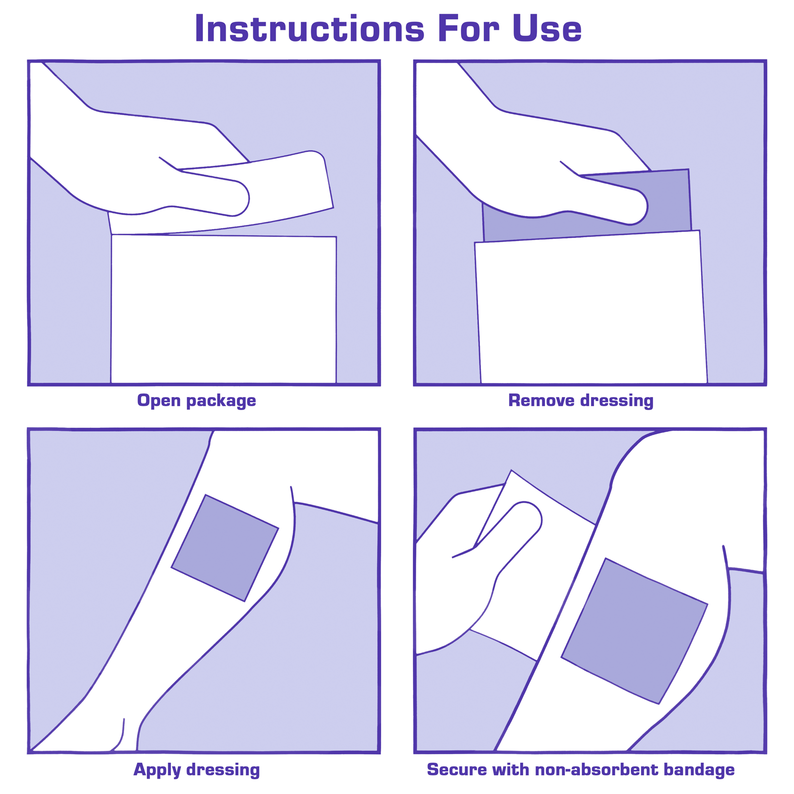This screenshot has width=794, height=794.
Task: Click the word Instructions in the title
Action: click(x=310, y=28)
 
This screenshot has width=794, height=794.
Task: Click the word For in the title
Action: click(x=468, y=28)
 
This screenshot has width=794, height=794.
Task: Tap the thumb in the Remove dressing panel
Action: click(x=613, y=198)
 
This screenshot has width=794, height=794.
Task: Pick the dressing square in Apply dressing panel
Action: click(x=225, y=548)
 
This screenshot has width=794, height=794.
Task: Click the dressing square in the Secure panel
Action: click(x=634, y=630)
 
